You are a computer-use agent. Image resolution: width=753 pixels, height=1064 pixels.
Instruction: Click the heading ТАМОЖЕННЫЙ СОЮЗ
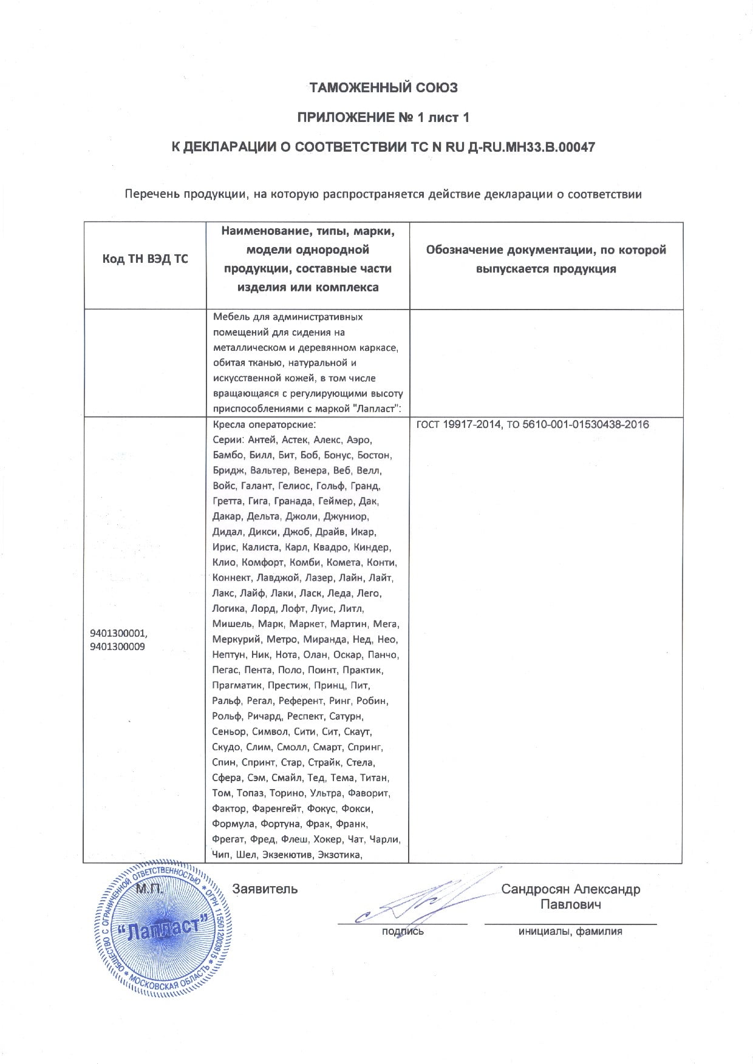(383, 88)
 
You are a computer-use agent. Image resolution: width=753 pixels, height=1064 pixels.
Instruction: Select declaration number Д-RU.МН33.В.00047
(527, 147)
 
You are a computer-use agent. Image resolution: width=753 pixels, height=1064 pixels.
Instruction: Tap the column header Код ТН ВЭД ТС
(145, 259)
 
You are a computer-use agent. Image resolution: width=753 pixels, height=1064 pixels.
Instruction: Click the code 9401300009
(117, 647)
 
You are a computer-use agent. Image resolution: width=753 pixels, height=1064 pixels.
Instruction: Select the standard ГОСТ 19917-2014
(456, 425)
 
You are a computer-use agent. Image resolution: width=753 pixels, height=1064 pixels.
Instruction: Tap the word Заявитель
(265, 889)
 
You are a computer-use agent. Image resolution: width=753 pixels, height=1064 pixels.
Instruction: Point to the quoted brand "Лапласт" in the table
(378, 409)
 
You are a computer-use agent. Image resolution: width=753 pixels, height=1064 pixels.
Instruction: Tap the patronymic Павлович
(570, 905)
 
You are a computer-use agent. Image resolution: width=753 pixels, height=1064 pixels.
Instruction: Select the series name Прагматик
(237, 686)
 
